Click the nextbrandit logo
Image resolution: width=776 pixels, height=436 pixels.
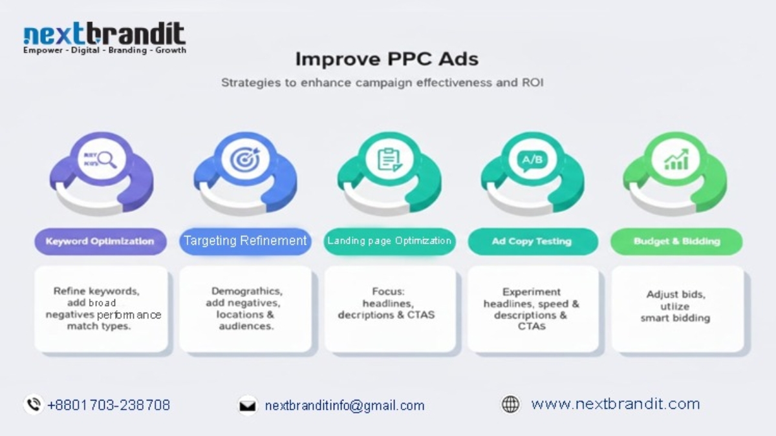(104, 38)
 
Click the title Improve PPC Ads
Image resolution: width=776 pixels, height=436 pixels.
(387, 59)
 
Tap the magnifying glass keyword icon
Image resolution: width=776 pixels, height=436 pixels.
(101, 158)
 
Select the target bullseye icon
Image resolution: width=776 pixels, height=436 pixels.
(244, 159)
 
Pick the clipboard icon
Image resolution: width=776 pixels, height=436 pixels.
(389, 160)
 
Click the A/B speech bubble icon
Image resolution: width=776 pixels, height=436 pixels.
(532, 160)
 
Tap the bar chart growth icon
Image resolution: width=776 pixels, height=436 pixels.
(676, 160)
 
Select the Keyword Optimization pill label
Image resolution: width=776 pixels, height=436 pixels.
(100, 242)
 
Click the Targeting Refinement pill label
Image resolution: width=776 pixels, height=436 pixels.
(244, 241)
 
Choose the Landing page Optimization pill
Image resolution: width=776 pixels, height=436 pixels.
(389, 241)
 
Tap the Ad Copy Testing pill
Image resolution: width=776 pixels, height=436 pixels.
(532, 242)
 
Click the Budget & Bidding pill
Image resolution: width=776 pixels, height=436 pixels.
(676, 242)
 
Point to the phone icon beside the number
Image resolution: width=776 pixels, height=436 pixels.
(33, 405)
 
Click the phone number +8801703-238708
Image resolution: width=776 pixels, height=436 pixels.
(109, 406)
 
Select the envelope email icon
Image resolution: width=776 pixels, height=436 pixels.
(247, 406)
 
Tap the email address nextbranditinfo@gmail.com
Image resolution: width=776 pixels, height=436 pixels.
(345, 406)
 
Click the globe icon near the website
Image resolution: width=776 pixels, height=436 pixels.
(510, 405)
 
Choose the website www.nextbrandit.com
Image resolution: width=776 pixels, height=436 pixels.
(615, 404)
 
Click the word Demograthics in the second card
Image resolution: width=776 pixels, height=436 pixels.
(246, 291)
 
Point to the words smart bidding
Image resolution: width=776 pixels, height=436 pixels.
(675, 318)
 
